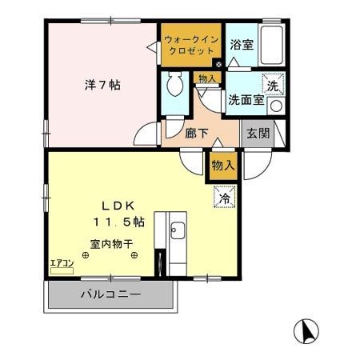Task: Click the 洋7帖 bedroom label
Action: click(x=102, y=83)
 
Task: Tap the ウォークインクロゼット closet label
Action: click(x=190, y=45)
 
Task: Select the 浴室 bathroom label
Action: click(x=242, y=46)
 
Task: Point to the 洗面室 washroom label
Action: click(x=245, y=101)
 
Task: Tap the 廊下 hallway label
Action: click(x=197, y=134)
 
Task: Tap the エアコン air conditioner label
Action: click(x=62, y=262)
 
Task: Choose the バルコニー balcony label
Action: click(x=110, y=294)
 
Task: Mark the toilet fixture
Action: click(x=174, y=86)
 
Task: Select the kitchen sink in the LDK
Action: click(x=177, y=233)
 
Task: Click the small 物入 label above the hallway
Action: click(x=206, y=78)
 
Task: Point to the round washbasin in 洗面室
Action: click(x=275, y=105)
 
